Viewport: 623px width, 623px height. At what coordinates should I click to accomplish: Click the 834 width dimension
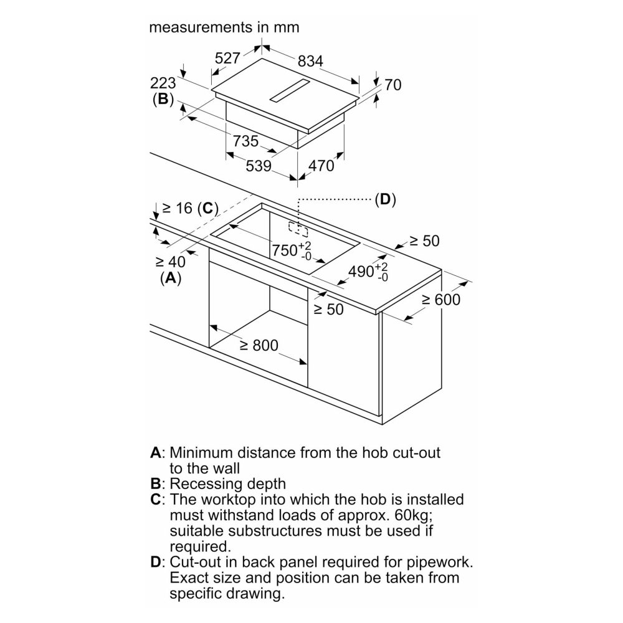[x=310, y=61]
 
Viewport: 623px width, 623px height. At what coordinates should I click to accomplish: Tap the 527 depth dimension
[x=227, y=58]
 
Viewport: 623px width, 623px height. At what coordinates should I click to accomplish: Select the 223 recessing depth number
[x=163, y=83]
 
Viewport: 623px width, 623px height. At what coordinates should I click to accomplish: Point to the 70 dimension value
[x=393, y=85]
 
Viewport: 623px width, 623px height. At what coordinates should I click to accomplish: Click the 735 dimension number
[x=245, y=141]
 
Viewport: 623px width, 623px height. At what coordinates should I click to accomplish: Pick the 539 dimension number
[x=259, y=165]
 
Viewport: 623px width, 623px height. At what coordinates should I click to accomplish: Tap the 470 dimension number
[x=321, y=165]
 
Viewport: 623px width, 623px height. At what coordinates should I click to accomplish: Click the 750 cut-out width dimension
[x=292, y=250]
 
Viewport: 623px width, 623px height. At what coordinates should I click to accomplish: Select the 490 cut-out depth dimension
[x=368, y=272]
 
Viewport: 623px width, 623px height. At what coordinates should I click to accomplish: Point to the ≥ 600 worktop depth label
[x=441, y=299]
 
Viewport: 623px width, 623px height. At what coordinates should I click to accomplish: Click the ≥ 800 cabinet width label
[x=259, y=345]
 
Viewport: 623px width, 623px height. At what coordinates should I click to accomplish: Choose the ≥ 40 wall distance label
[x=171, y=262]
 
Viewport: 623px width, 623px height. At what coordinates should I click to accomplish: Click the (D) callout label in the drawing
[x=386, y=199]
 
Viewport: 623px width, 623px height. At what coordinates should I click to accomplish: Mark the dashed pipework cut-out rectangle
[x=298, y=229]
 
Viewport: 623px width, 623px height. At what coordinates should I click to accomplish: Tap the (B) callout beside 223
[x=163, y=99]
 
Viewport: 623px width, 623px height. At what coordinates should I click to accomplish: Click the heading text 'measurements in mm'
[x=224, y=27]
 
